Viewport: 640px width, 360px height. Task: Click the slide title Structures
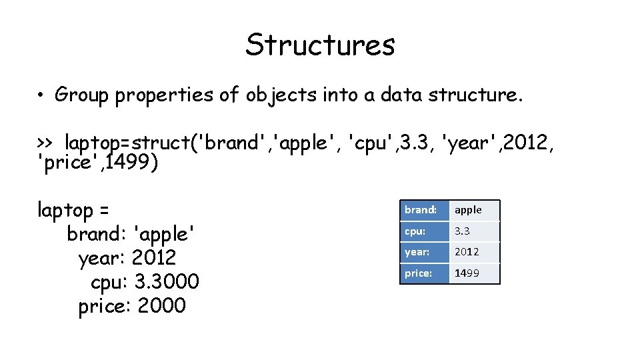point(320,45)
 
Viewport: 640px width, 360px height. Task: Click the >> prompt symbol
point(45,143)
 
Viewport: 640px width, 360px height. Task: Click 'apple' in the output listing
point(165,235)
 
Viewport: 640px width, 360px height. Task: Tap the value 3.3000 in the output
point(167,283)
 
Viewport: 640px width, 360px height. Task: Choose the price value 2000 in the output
point(161,307)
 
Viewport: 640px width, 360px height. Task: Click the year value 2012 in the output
point(154,259)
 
